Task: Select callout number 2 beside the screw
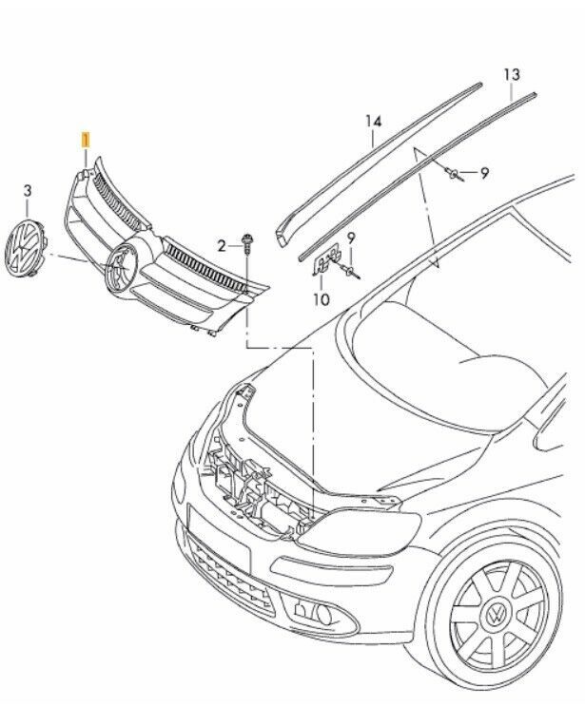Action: click(x=223, y=245)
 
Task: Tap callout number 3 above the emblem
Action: click(x=27, y=191)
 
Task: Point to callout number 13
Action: click(x=512, y=73)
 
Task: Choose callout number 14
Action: click(x=373, y=121)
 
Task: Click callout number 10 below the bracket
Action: click(x=321, y=298)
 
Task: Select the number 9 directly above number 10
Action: click(x=351, y=238)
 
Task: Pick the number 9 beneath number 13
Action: click(x=483, y=173)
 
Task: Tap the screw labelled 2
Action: click(x=246, y=242)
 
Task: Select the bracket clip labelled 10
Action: click(x=325, y=261)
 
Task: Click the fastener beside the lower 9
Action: click(x=350, y=270)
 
